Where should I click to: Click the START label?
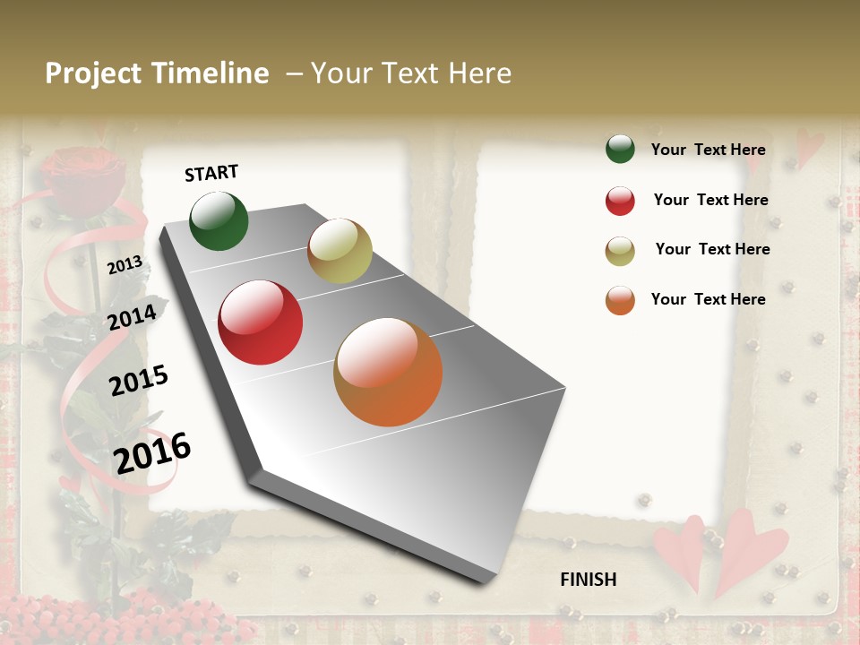pos(211,173)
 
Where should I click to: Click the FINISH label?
pos(588,580)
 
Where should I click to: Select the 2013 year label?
pos(125,264)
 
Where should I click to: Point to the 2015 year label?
pos(139,381)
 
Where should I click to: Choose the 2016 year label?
pos(152,452)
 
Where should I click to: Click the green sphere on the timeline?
pos(219,220)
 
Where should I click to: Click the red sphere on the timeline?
pos(261,322)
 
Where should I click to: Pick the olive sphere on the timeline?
pos(340,251)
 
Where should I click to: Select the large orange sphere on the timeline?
pos(388,372)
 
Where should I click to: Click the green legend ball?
pos(620,149)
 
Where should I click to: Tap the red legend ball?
pos(620,201)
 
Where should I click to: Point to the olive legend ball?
pos(620,251)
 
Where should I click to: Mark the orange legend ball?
pos(620,300)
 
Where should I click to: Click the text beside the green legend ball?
pos(708,150)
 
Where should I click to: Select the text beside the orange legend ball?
pos(708,299)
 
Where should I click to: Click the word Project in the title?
pos(93,74)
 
